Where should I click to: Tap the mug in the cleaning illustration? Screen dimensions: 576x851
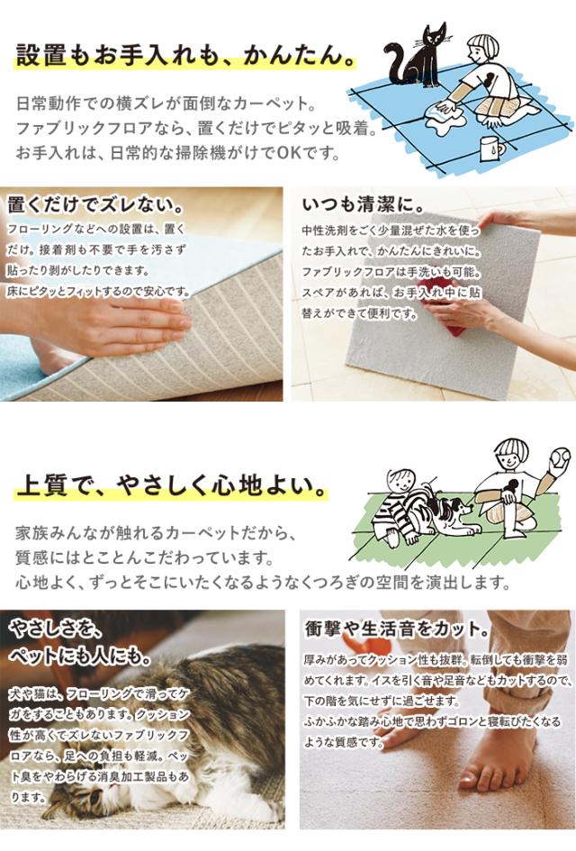[x=490, y=149]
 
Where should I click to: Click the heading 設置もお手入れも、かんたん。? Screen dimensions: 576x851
[x=185, y=55]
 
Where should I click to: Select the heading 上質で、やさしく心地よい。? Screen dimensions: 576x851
[x=171, y=484]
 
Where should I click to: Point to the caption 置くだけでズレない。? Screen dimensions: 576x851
[x=94, y=205]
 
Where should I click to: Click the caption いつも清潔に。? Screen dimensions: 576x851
[x=364, y=205]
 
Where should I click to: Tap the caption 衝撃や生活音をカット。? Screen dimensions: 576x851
[x=397, y=629]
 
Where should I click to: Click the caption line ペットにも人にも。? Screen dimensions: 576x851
[x=80, y=656]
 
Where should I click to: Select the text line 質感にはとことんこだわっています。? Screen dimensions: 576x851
[x=145, y=557]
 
